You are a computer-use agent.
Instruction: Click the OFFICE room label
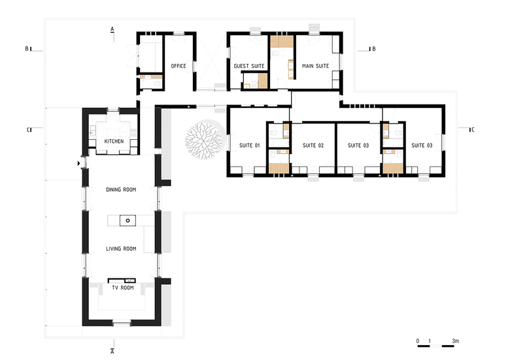178,66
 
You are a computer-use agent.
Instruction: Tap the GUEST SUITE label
249,66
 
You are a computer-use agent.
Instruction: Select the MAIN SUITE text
316,66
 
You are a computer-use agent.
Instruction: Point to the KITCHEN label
114,141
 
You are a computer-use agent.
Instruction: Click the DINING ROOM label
121,189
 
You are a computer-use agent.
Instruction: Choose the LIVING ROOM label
121,249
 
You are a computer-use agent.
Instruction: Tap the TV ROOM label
123,288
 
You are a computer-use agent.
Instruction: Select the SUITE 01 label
250,146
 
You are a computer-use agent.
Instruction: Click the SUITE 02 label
313,146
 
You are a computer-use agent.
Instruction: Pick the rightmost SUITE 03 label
422,146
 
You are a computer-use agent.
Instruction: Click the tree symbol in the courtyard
204,140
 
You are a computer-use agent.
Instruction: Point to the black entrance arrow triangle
78,163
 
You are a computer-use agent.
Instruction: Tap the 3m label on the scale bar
455,341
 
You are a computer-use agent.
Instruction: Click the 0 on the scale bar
418,341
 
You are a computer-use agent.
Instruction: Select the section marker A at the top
112,29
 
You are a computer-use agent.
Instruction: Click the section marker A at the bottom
112,352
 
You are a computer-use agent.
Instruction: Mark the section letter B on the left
27,49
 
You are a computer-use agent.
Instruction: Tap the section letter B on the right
374,49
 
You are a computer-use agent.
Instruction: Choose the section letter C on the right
473,129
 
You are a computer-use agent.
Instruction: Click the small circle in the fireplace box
127,221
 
